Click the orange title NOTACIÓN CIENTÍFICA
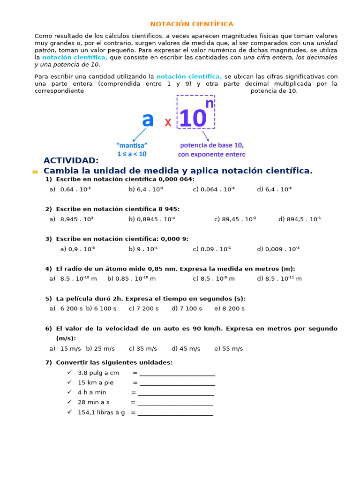192,24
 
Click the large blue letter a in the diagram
148,120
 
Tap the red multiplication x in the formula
168,122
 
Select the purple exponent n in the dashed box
209,104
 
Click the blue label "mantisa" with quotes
132,145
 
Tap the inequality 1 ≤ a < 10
132,154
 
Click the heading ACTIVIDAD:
71,161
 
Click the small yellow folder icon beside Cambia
35,172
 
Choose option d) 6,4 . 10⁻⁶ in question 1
274,189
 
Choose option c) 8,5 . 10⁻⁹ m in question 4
214,278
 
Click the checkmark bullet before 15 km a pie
69,382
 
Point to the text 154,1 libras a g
101,412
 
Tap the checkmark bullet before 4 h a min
69,392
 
